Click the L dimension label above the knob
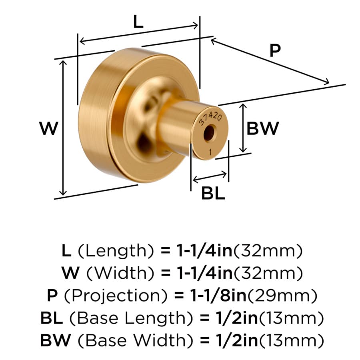[138, 22]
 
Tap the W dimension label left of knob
[48, 128]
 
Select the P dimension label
[275, 50]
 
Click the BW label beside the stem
[263, 128]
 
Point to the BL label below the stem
[213, 193]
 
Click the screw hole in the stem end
[209, 133]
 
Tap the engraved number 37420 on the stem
[210, 118]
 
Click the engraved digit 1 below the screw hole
[210, 152]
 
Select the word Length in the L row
[116, 251]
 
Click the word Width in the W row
[120, 273]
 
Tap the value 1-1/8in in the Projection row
[218, 296]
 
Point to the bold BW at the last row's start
[56, 340]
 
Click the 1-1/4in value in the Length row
[204, 250]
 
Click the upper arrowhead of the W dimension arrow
[63, 63]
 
